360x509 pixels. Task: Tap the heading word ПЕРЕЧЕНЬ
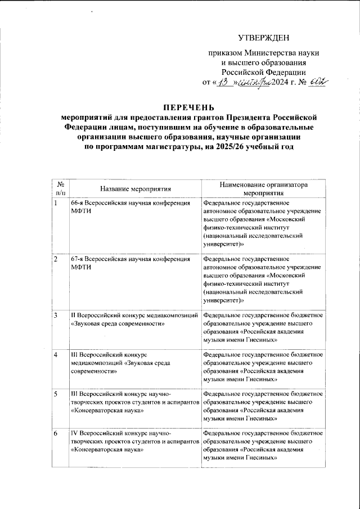click(180, 107)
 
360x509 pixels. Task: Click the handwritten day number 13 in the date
click(224, 83)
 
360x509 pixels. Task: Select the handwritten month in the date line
click(255, 83)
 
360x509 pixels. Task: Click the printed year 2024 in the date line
click(283, 83)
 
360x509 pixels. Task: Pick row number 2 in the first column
click(56, 259)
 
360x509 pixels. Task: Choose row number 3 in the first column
click(56, 316)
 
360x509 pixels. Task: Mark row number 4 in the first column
click(56, 355)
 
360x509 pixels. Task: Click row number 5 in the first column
click(56, 394)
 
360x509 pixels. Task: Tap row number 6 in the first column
click(56, 434)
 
